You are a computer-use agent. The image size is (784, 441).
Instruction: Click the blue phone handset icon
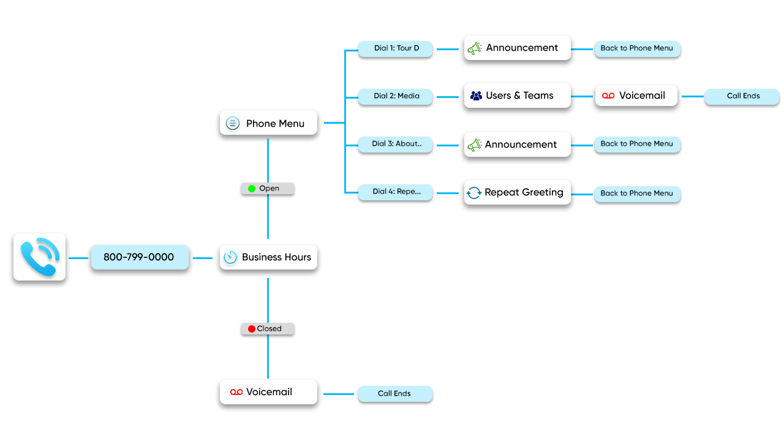[x=39, y=257]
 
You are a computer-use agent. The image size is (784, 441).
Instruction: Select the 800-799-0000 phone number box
[x=139, y=257]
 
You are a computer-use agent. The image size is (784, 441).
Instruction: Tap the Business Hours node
[x=268, y=257]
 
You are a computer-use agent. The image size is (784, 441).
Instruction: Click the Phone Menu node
[x=268, y=123]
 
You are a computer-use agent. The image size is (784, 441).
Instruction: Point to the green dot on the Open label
[x=252, y=189]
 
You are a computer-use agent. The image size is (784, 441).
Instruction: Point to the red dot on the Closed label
[x=251, y=329]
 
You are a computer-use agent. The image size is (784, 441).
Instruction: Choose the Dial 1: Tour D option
[x=396, y=48]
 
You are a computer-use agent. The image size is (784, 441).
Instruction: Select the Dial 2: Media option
[x=396, y=96]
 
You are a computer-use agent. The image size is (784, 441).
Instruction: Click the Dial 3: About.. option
[x=396, y=144]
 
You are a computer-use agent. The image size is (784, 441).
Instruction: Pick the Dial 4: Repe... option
[x=396, y=192]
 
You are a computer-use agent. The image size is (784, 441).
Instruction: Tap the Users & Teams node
[x=518, y=96]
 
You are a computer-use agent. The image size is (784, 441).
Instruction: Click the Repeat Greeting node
[x=518, y=192]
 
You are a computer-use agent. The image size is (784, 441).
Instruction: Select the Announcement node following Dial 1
[x=518, y=48]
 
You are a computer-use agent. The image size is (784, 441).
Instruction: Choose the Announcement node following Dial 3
[x=518, y=145]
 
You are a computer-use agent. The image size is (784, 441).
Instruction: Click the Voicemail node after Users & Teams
[x=636, y=96]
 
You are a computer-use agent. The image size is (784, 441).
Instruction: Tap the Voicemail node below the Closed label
[x=268, y=392]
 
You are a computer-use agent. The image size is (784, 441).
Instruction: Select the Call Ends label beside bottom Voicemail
[x=395, y=394]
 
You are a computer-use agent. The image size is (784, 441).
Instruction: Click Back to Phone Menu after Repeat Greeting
[x=637, y=194]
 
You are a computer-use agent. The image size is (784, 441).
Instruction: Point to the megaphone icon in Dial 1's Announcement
[x=475, y=48]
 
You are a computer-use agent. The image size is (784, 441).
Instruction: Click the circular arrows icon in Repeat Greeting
[x=474, y=193]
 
